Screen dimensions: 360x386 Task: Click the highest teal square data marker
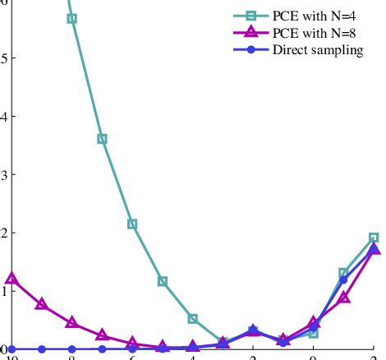pos(72,18)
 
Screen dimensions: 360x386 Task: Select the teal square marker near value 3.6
pos(102,139)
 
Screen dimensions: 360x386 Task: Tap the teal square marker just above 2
pos(132,224)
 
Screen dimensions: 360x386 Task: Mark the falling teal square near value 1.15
pos(163,281)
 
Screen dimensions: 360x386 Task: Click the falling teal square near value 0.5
pos(192,318)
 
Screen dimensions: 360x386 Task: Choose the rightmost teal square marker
pos(374,238)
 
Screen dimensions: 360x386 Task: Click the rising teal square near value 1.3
pos(343,273)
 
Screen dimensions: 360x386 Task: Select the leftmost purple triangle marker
pos(11,279)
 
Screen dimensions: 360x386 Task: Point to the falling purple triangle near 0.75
pos(42,304)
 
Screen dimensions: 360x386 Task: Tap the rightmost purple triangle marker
pos(374,248)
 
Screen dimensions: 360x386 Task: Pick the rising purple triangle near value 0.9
pos(343,297)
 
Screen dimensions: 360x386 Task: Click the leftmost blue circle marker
pos(11,349)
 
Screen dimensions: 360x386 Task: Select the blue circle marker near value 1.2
pos(343,280)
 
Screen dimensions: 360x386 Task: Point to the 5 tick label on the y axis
pos(4,58)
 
